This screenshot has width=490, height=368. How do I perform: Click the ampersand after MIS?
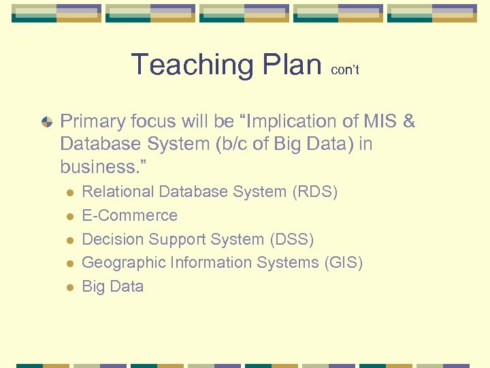click(408, 122)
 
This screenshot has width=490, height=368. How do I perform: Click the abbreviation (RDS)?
click(314, 192)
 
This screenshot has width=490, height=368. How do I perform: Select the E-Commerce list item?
click(129, 215)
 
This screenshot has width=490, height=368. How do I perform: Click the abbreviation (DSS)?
click(291, 239)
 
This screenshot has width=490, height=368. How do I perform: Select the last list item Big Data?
click(112, 286)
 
